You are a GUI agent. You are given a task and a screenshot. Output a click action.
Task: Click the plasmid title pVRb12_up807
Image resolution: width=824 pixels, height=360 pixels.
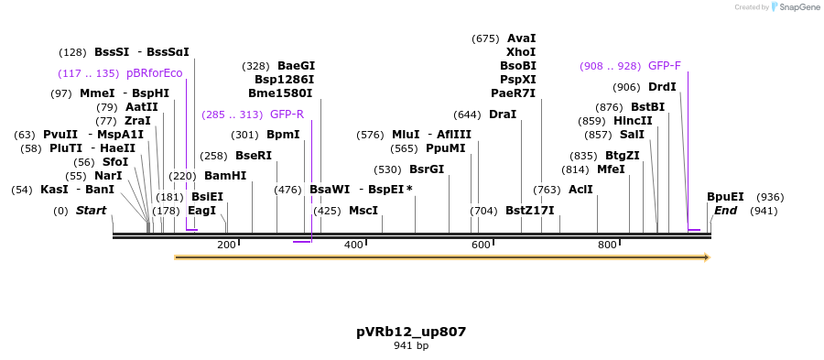click(411, 331)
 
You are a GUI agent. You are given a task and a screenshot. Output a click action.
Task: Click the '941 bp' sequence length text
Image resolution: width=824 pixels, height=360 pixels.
click(411, 345)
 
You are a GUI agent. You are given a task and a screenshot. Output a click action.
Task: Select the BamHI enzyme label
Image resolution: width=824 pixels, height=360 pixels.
click(225, 175)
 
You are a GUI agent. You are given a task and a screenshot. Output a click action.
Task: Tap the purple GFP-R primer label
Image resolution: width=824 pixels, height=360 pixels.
click(287, 115)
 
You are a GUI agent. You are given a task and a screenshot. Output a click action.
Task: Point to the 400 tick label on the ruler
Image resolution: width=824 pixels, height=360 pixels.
click(352, 245)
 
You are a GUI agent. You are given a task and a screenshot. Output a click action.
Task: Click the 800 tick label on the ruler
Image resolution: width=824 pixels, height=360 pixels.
click(607, 245)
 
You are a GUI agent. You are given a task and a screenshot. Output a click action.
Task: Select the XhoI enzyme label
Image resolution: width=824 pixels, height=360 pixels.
click(521, 52)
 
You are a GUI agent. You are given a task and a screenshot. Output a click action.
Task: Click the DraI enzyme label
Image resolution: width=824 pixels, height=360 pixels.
click(503, 115)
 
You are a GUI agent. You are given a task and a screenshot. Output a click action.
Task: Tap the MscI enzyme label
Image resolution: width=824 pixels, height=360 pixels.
click(363, 210)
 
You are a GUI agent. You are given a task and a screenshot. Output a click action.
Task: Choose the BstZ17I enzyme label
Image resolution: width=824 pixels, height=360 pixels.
click(529, 210)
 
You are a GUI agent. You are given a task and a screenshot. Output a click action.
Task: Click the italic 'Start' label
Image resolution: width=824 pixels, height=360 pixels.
click(91, 210)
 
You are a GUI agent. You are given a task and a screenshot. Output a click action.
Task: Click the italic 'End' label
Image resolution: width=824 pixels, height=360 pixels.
click(725, 210)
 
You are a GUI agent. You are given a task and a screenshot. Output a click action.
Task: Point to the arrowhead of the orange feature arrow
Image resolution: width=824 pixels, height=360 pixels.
click(706, 257)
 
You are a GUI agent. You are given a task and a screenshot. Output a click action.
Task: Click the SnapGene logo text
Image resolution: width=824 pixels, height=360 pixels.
click(798, 7)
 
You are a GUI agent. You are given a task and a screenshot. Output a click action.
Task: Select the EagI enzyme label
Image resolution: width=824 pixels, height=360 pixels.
click(201, 210)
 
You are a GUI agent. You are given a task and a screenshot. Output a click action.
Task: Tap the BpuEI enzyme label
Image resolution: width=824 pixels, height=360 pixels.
click(725, 196)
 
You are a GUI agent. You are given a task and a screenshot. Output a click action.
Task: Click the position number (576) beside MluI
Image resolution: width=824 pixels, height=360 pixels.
click(370, 135)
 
